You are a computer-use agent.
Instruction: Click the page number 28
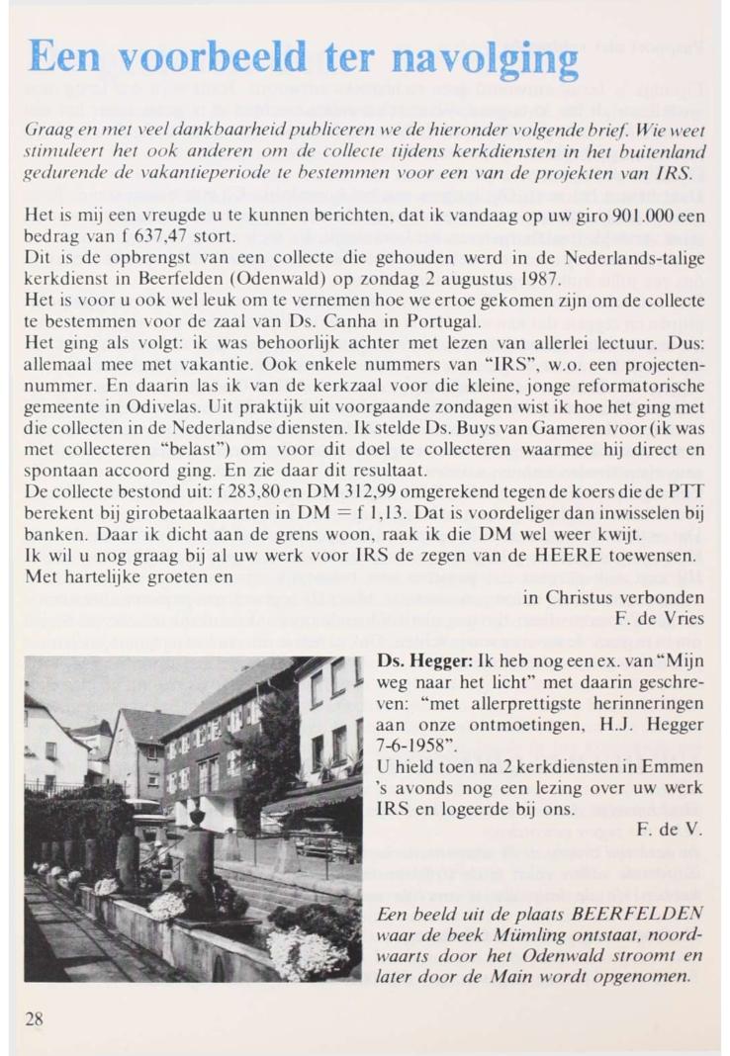pos(34,1020)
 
